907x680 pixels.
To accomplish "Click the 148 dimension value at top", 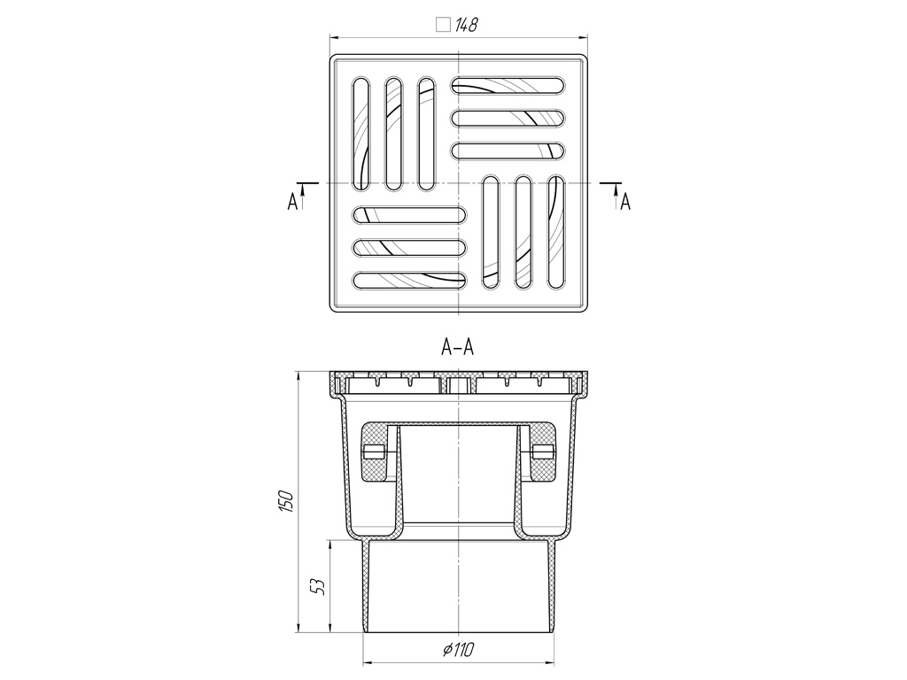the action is [x=466, y=25].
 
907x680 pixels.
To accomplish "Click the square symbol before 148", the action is [x=443, y=25].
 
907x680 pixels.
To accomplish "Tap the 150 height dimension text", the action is [x=288, y=500].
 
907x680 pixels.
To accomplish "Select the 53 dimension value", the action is [x=318, y=587].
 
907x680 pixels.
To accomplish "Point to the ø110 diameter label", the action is [x=459, y=651].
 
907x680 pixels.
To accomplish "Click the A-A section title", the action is [x=458, y=347].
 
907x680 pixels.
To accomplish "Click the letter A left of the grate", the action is [x=292, y=203].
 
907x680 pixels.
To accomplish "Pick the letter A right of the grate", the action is [x=625, y=203].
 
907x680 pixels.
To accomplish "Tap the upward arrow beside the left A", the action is [x=303, y=196].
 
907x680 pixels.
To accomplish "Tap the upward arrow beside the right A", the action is [x=616, y=196].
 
